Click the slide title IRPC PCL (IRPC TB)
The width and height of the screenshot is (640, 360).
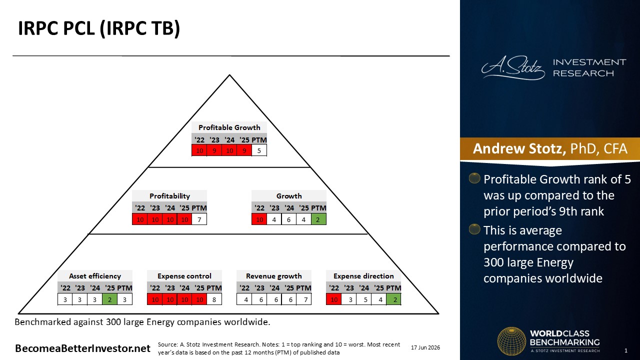(99, 28)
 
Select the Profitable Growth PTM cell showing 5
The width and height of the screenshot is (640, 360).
(259, 150)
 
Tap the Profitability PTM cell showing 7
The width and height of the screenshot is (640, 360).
(199, 219)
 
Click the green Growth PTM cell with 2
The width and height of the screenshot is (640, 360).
(318, 219)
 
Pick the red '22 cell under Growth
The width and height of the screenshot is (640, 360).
(259, 219)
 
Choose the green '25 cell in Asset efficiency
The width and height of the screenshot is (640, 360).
(109, 299)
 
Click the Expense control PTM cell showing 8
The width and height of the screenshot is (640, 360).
(214, 299)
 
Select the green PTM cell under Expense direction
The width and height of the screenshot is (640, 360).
(393, 299)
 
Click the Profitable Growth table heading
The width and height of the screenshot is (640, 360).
(229, 127)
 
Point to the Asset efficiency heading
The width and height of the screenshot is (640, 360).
(95, 276)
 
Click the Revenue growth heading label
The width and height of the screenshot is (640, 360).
(274, 276)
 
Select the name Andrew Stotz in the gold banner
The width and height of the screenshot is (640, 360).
(519, 148)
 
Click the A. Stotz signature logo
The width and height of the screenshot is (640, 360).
(513, 67)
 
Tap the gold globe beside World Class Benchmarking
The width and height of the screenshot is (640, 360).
(511, 341)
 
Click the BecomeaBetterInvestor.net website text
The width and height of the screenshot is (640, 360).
(82, 348)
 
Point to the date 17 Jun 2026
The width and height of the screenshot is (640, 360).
(425, 347)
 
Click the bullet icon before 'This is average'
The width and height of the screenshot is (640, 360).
(474, 229)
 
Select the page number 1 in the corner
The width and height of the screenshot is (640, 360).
(626, 350)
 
